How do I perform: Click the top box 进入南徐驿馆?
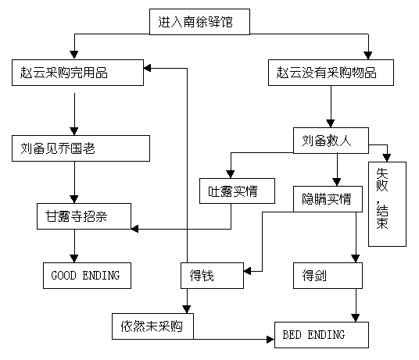pos(199,22)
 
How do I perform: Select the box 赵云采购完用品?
pos(77,73)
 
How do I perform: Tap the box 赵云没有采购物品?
pos(331,73)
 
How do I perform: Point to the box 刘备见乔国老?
pos(81,148)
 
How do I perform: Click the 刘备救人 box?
pos(331,141)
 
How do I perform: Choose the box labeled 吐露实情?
pos(237,191)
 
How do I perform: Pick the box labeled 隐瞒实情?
pos(328,199)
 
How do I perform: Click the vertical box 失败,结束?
pos(387,204)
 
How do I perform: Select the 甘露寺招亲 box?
pos(84,216)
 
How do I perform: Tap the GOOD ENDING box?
pos(87,276)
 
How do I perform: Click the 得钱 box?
pos(212,276)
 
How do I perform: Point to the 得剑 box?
pos(328,276)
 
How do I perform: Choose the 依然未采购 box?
pos(152,326)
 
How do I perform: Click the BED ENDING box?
pos(322,335)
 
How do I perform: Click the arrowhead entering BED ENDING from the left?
pos(270,340)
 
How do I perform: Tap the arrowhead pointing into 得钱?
pos(248,271)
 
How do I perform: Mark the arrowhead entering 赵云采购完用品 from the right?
pos(148,68)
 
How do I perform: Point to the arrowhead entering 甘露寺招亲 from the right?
pos(135,229)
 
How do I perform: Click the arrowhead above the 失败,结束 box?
pos(387,158)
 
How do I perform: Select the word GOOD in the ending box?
pos(63,276)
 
